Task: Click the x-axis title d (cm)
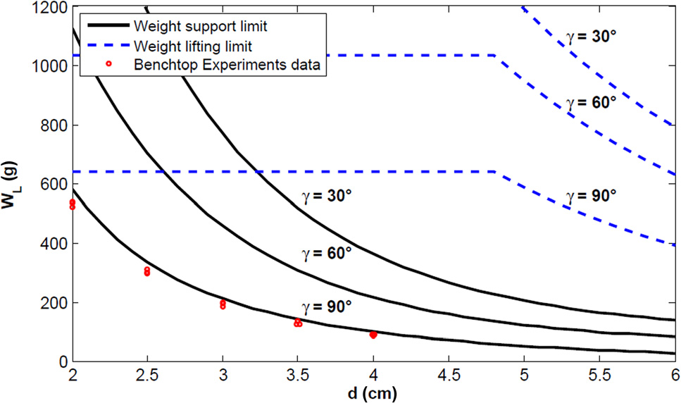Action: pos(373,392)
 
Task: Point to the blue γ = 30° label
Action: pos(592,37)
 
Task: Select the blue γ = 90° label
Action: pos(592,197)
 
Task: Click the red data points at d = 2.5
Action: pos(147,271)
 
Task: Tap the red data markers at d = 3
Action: pos(223,304)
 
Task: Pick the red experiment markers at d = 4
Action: pos(373,335)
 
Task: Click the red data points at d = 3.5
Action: pos(298,323)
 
